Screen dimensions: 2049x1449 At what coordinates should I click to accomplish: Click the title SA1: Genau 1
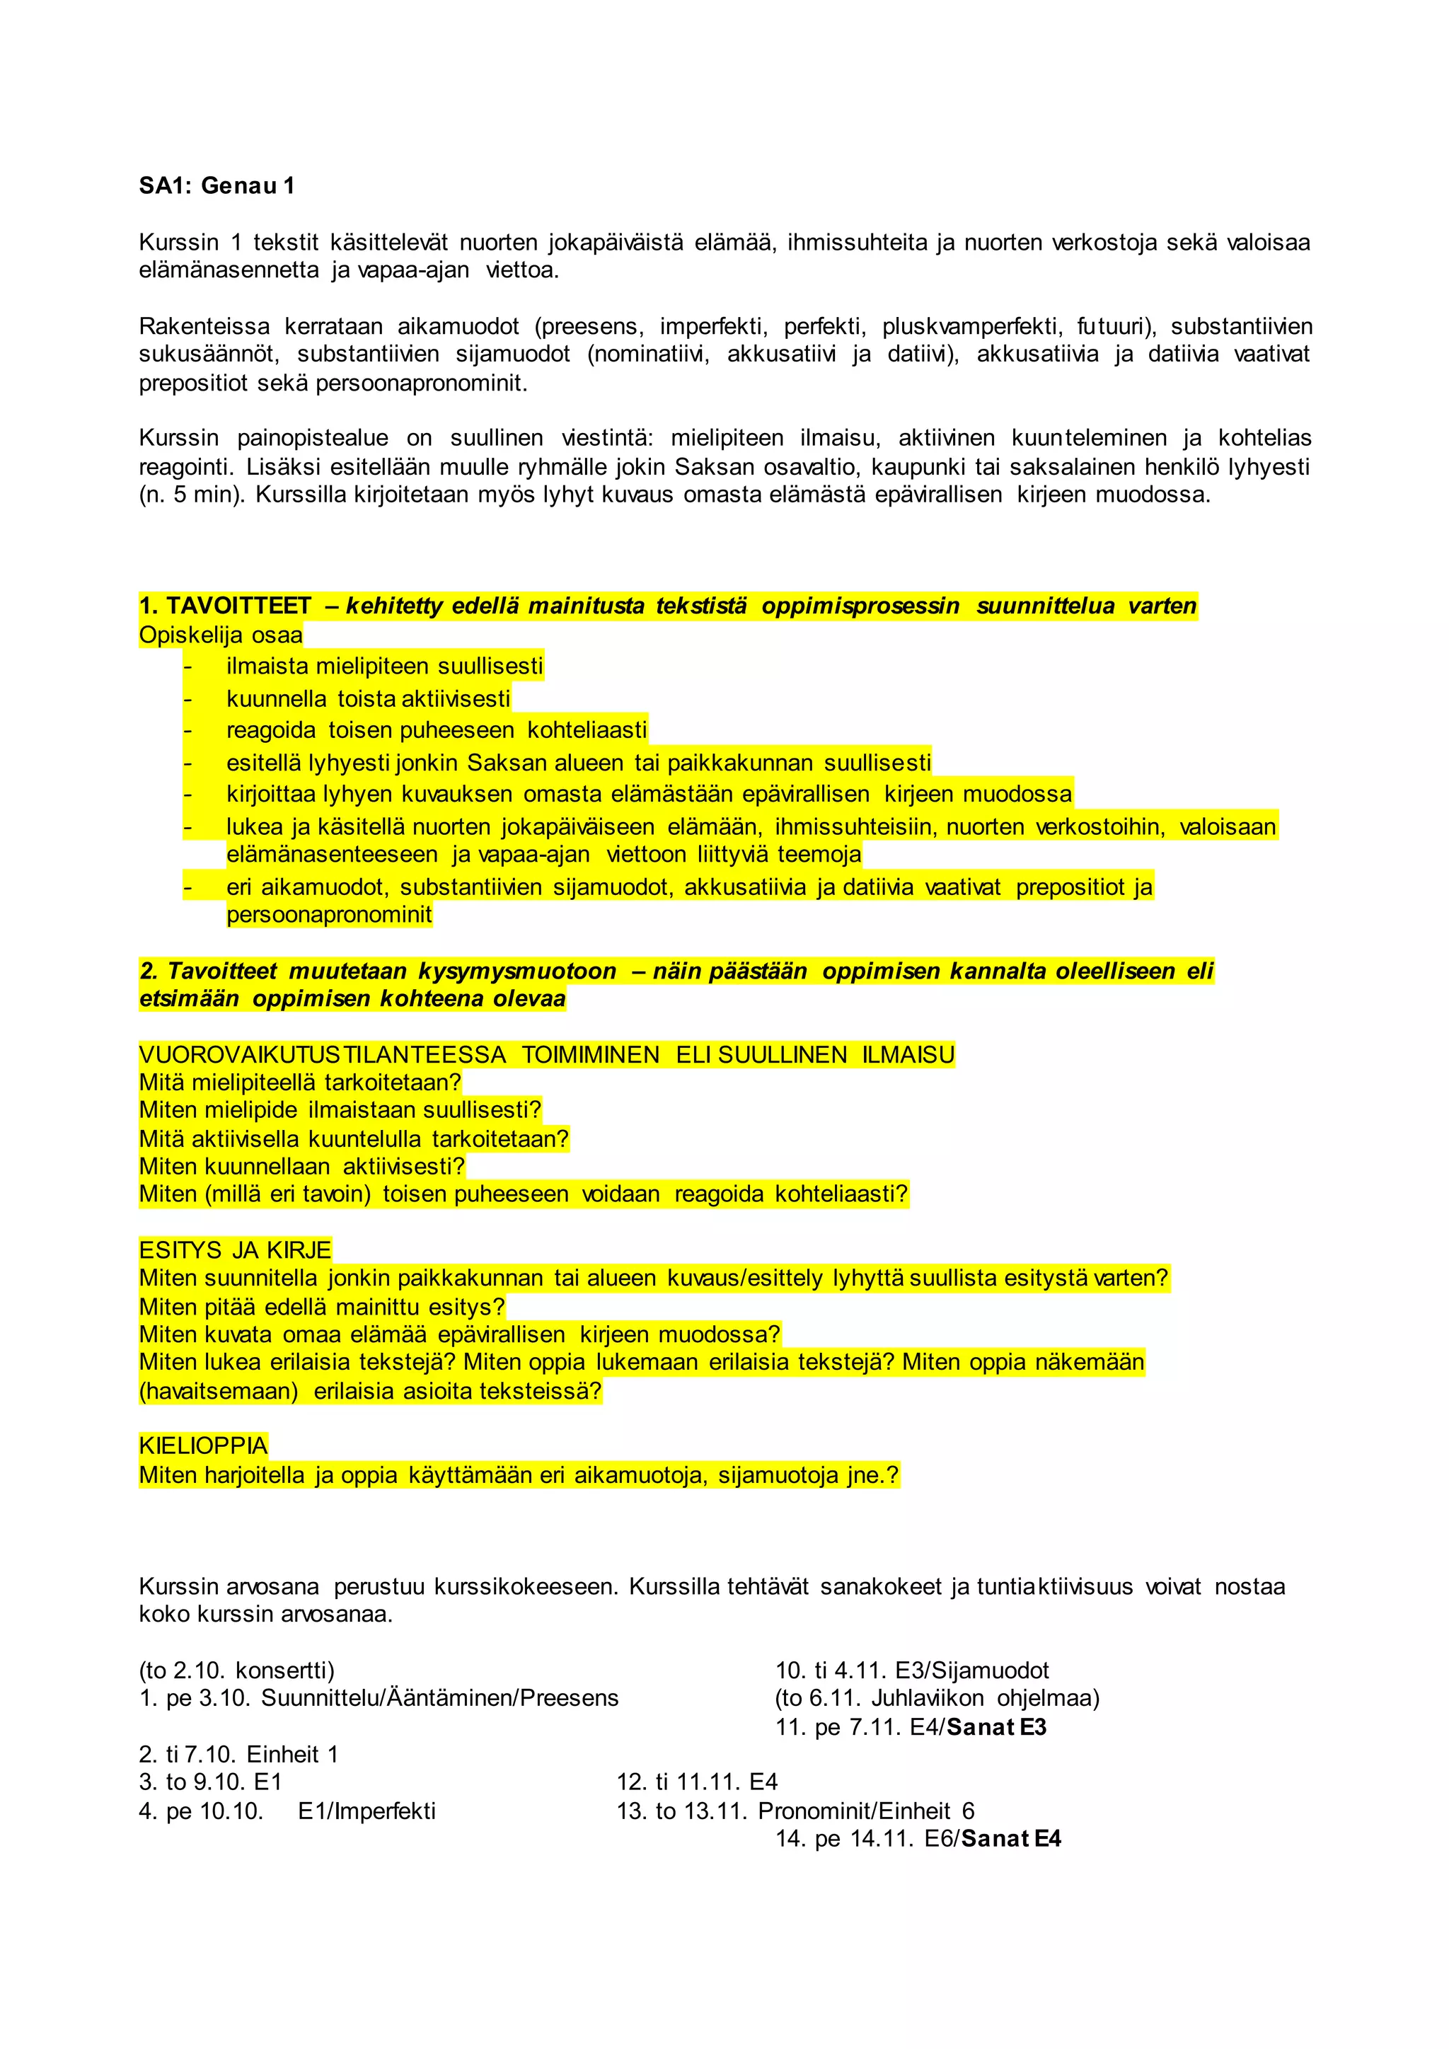pos(216,185)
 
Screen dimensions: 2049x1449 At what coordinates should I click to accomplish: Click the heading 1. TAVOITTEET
pos(225,606)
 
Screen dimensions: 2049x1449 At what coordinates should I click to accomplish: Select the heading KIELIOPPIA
pos(204,1445)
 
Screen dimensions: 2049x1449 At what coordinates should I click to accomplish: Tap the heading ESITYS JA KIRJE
pos(235,1250)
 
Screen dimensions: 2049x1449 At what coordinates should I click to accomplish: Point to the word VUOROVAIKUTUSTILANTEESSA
pos(322,1055)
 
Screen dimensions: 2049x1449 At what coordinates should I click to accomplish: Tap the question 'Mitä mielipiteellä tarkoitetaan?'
pos(300,1083)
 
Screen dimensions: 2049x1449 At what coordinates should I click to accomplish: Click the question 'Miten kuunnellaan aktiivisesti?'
pos(301,1167)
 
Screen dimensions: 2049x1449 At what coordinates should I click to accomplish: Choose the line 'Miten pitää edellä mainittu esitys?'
pos(321,1307)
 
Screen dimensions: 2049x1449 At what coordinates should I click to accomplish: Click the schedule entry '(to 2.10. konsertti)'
pos(236,1670)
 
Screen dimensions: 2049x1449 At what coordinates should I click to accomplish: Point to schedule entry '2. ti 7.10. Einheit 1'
pos(238,1755)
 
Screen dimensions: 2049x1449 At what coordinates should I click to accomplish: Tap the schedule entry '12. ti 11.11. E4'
pos(696,1782)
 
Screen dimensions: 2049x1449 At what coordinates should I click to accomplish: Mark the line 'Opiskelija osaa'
pos(220,635)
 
